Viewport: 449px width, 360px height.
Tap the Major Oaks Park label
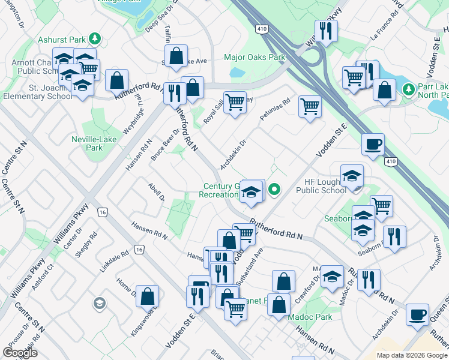coord(254,58)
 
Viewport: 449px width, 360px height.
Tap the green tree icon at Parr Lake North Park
coord(409,89)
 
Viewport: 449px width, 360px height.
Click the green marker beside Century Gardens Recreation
coord(274,190)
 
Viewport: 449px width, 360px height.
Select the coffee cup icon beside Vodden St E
coord(373,144)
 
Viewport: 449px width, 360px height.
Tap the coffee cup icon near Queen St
coord(417,314)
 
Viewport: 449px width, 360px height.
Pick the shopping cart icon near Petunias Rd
coord(310,106)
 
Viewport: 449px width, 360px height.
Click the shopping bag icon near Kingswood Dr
coord(147,295)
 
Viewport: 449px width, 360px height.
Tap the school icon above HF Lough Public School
coord(352,175)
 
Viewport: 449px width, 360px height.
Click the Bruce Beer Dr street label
coord(166,145)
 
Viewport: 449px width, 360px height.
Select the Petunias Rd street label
coord(274,110)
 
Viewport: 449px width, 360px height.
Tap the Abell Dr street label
coord(156,193)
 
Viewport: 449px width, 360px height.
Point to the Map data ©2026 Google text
coord(411,355)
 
